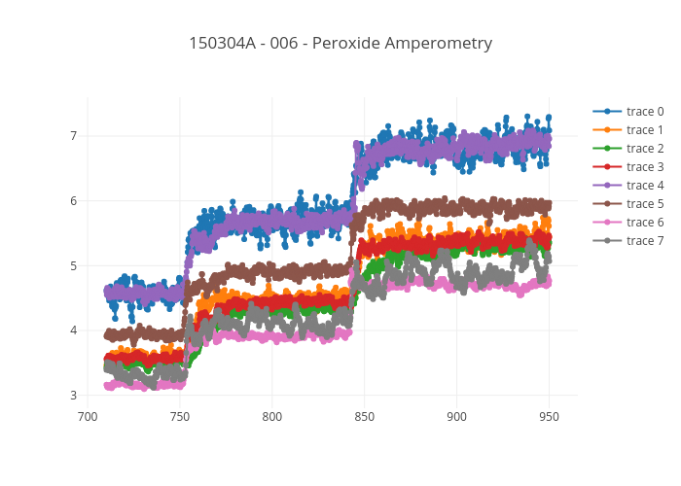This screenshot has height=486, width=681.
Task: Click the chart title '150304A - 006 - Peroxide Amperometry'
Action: coord(340,44)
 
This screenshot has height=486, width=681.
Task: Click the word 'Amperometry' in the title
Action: coord(445,44)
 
